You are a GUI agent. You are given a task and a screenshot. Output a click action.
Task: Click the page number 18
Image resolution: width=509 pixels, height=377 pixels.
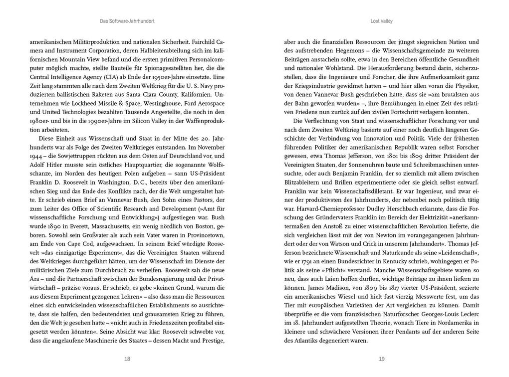[x=127, y=359]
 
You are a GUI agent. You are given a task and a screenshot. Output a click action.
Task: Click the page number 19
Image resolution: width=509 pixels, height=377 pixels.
[x=381, y=359]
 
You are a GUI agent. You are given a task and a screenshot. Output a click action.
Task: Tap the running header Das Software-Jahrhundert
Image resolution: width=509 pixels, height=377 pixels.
[x=127, y=21]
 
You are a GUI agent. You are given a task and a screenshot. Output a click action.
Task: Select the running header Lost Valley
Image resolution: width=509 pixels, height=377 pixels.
[x=381, y=21]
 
